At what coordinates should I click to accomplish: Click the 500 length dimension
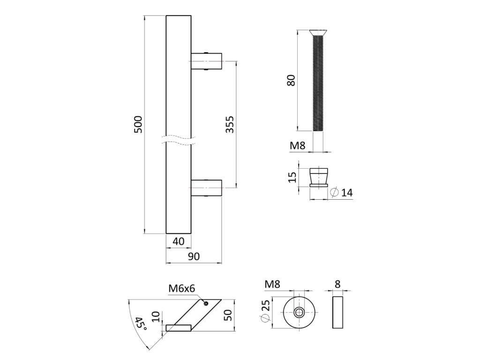[138, 124]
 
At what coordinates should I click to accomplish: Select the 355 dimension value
[230, 124]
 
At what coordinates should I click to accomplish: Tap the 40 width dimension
[179, 241]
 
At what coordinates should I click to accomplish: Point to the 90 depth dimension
[194, 256]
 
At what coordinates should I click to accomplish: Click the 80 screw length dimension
[291, 80]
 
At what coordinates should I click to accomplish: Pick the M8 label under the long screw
[298, 145]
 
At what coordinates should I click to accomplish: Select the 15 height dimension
[292, 177]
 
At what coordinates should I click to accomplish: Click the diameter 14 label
[342, 193]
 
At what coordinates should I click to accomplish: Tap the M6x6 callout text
[181, 288]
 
